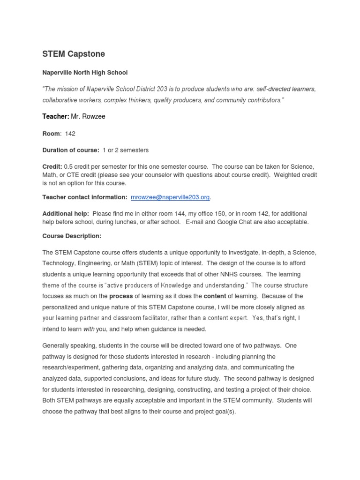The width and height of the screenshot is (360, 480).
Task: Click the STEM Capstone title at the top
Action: tap(74, 54)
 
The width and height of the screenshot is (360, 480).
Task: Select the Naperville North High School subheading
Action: tap(85, 73)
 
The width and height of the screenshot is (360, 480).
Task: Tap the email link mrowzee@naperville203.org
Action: tap(170, 197)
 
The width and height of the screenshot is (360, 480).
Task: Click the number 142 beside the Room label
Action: tap(70, 134)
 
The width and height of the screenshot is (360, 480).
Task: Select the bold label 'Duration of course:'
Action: tap(71, 150)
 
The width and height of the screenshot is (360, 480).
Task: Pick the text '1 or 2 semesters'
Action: tap(126, 150)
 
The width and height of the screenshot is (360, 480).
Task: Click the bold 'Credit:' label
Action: tap(52, 167)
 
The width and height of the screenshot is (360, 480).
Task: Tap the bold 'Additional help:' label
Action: tap(66, 214)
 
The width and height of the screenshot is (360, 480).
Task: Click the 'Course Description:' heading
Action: tap(72, 236)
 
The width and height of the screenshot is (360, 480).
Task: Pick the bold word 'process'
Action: tap(121, 296)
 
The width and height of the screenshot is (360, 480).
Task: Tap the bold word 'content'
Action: tap(215, 296)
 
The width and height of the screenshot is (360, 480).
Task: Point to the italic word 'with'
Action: tap(89, 329)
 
